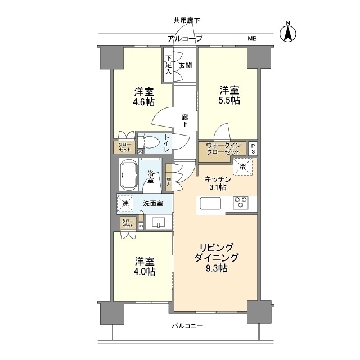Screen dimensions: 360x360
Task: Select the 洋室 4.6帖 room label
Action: (144, 97)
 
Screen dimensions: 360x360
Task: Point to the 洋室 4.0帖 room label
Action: (144, 266)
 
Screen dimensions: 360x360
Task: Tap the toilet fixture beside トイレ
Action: (148, 143)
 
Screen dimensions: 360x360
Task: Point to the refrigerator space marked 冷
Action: (243, 166)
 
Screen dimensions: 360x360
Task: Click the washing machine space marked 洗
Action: (125, 203)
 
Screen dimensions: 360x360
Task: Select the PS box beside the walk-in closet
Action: (253, 148)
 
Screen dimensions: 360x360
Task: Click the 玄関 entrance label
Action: (186, 65)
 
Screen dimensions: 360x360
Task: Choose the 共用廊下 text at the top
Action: (186, 20)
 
